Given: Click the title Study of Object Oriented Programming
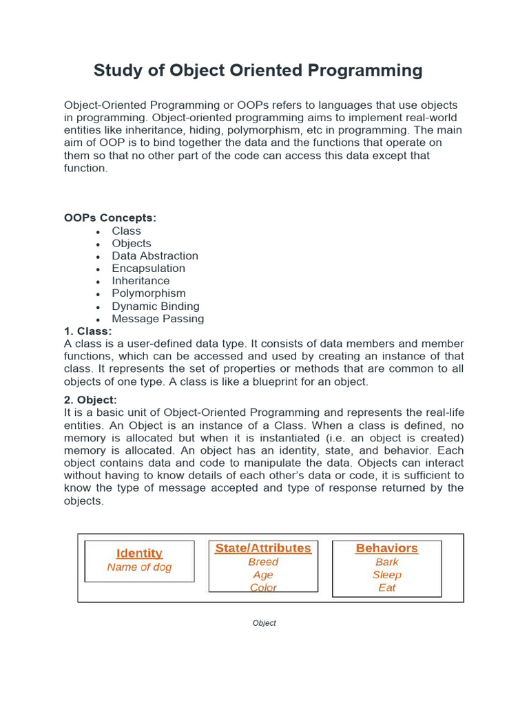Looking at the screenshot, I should click(258, 70).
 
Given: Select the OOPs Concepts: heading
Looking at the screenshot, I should click(110, 218).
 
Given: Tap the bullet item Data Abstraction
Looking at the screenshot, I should click(155, 256).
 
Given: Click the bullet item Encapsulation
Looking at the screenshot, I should click(148, 269).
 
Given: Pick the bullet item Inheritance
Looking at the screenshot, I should click(141, 281).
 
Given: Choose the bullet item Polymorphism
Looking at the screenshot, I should click(148, 293).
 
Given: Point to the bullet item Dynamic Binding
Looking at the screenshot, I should click(156, 306).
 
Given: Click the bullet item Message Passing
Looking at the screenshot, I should click(158, 319).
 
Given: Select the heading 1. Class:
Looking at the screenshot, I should click(87, 331).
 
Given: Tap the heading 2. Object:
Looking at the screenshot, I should click(90, 400).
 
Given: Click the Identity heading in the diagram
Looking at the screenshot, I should click(139, 554).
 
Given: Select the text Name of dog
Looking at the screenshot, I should click(139, 567).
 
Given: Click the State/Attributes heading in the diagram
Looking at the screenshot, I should click(263, 549).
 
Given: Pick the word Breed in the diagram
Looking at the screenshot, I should click(263, 562).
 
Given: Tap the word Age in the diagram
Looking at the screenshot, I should click(263, 575).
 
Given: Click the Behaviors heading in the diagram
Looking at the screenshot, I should click(386, 549).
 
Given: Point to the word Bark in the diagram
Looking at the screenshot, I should click(386, 562).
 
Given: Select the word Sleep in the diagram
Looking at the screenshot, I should click(386, 575).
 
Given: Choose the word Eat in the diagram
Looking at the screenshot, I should click(386, 588).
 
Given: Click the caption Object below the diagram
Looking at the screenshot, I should click(264, 623).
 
